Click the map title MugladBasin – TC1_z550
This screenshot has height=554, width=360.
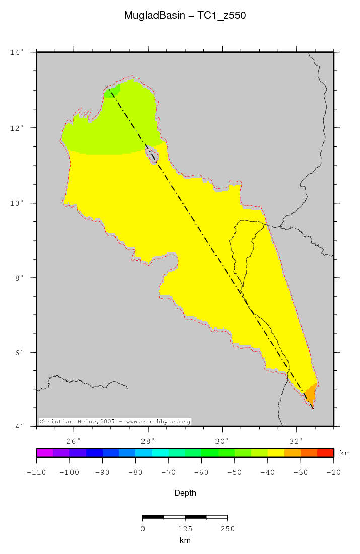click(x=185, y=16)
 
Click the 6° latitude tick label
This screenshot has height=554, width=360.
click(x=18, y=353)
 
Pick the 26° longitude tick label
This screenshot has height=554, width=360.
click(x=74, y=441)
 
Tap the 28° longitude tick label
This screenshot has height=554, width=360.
click(x=148, y=441)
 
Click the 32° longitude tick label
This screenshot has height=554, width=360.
click(x=297, y=441)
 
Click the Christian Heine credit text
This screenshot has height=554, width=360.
click(x=115, y=421)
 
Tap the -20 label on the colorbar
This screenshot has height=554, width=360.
click(x=333, y=473)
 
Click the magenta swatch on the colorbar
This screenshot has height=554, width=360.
click(x=45, y=453)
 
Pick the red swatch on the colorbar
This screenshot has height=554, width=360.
click(x=325, y=453)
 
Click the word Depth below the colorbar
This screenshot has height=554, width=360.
click(x=185, y=493)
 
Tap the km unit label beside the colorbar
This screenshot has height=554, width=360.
click(x=345, y=453)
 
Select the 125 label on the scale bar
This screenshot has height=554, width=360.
click(x=185, y=529)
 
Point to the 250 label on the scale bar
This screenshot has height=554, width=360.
click(x=227, y=529)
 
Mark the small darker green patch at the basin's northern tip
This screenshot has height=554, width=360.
click(x=113, y=90)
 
